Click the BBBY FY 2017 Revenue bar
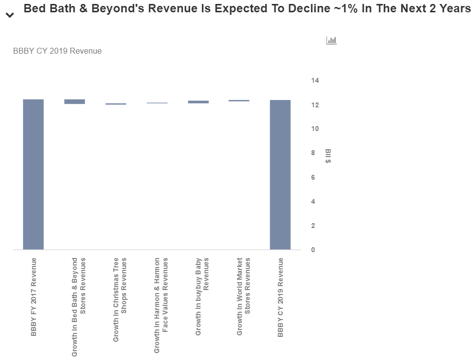(33, 174)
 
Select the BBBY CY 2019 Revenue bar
(280, 175)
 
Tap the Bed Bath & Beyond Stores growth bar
(74, 101)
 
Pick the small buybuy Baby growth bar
(198, 102)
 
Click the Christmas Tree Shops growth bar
(116, 104)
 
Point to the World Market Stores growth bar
(239, 100)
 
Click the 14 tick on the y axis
(315, 80)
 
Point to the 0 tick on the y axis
(313, 250)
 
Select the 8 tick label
(313, 153)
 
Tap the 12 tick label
(315, 105)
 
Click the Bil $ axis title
(328, 156)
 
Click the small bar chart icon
(331, 40)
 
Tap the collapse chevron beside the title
(9, 15)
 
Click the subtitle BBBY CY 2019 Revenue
(57, 51)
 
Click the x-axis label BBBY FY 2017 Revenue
(34, 296)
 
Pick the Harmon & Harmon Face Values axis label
(161, 304)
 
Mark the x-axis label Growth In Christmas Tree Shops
(120, 299)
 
